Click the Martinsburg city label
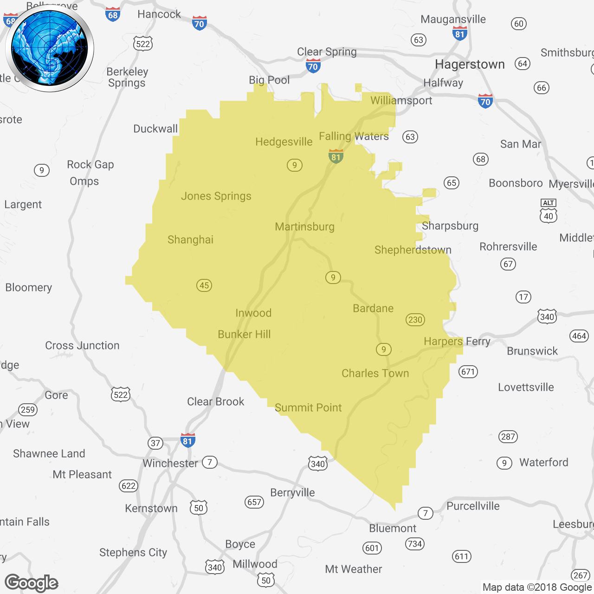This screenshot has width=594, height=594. click(x=304, y=226)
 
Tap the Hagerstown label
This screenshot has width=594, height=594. click(x=470, y=64)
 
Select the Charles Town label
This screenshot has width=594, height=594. click(x=375, y=373)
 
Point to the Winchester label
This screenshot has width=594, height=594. click(x=170, y=463)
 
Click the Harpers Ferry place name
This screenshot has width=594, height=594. click(x=457, y=342)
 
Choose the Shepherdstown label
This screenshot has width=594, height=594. click(x=413, y=250)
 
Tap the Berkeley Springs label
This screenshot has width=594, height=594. click(x=127, y=77)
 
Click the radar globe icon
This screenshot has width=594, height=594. click(x=50, y=48)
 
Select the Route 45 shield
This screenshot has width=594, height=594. click(x=204, y=285)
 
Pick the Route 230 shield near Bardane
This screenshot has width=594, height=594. click(x=415, y=319)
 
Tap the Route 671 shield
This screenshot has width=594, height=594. click(x=468, y=372)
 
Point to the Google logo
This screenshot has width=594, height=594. click(x=32, y=583)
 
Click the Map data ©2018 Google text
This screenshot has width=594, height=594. click(x=537, y=587)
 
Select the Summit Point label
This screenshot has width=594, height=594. click(x=308, y=407)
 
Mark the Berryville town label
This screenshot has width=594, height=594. click(x=292, y=492)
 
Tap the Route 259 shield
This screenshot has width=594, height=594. click(x=28, y=409)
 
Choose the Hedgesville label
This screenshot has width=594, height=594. click(x=284, y=142)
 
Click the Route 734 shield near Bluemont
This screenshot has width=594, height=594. click(x=415, y=544)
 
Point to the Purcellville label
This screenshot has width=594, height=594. click(x=473, y=506)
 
